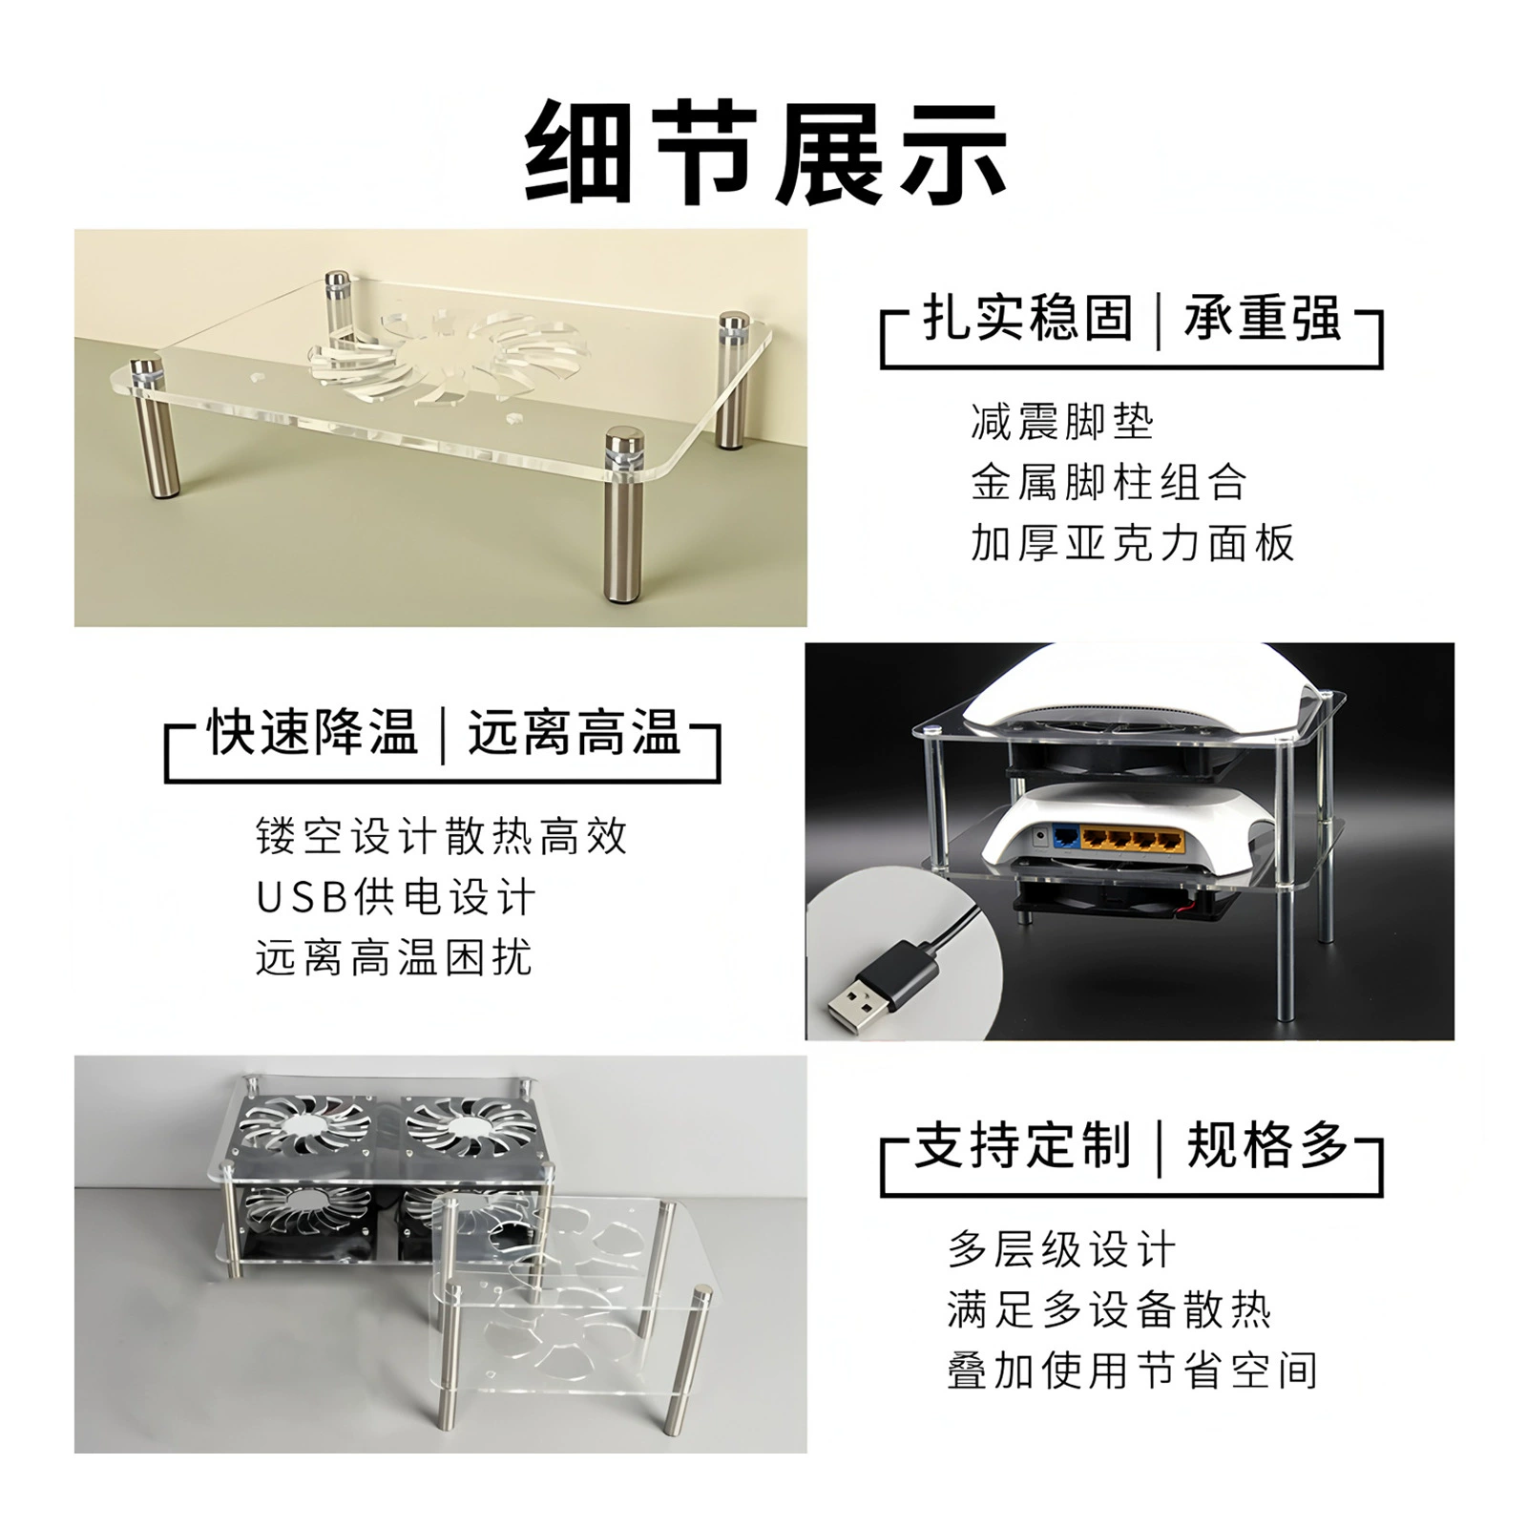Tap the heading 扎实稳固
coord(1028,318)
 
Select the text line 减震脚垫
coord(1062,422)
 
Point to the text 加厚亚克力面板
coord(1133,543)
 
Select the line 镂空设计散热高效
coord(442,837)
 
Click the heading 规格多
coord(1266,1144)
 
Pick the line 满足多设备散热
coord(1109,1310)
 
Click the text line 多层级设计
coord(1062,1249)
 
